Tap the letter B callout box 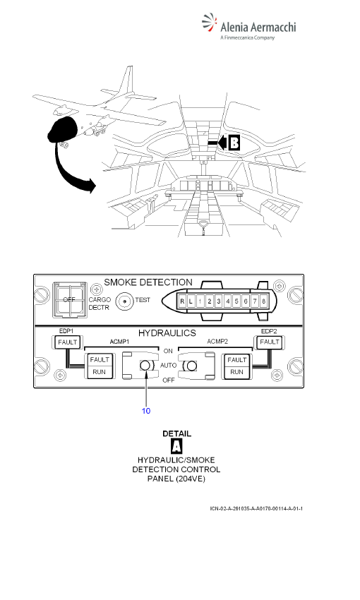(x=234, y=143)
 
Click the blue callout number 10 (x=146, y=411)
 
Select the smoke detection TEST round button (x=124, y=301)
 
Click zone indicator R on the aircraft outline (x=182, y=301)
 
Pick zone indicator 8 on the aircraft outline (x=263, y=301)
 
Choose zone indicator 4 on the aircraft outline (x=227, y=301)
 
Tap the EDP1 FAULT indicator (x=67, y=342)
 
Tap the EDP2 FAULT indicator (x=270, y=342)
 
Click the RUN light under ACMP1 (x=99, y=371)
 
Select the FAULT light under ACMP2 (x=236, y=360)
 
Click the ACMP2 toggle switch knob (x=191, y=366)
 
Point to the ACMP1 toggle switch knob (x=145, y=366)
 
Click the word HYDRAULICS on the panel (x=167, y=333)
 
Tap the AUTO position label (x=168, y=366)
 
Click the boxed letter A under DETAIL (x=176, y=446)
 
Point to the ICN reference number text (x=256, y=508)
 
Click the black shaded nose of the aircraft (x=62, y=129)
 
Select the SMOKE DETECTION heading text (x=148, y=282)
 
